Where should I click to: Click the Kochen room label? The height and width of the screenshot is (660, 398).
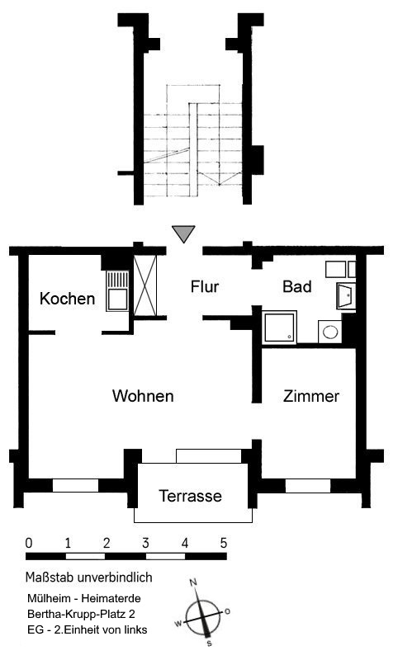pyautogui.click(x=68, y=299)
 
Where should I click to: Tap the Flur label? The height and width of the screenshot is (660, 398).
pyautogui.click(x=205, y=286)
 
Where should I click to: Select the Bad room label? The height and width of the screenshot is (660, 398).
pyautogui.click(x=297, y=286)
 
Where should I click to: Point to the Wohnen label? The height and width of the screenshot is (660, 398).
pyautogui.click(x=143, y=396)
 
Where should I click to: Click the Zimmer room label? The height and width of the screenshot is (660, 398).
pyautogui.click(x=310, y=396)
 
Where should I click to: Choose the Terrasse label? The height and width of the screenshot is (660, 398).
pyautogui.click(x=191, y=496)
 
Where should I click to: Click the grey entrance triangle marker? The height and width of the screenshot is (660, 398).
pyautogui.click(x=183, y=233)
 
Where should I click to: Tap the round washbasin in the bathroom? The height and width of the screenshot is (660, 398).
pyautogui.click(x=329, y=332)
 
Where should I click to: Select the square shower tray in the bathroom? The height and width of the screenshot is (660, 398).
pyautogui.click(x=279, y=327)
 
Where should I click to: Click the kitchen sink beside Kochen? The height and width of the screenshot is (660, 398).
pyautogui.click(x=116, y=290)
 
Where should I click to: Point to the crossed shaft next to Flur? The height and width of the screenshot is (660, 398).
pyautogui.click(x=145, y=285)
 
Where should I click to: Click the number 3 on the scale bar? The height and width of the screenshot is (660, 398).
pyautogui.click(x=145, y=543)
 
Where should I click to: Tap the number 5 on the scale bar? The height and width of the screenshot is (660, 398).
pyautogui.click(x=223, y=543)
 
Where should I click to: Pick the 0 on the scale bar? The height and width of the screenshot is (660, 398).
pyautogui.click(x=29, y=543)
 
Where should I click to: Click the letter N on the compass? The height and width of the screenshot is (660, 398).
pyautogui.click(x=193, y=582)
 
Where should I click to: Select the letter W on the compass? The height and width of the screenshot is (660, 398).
pyautogui.click(x=178, y=624)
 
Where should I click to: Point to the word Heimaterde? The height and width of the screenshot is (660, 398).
pyautogui.click(x=111, y=598)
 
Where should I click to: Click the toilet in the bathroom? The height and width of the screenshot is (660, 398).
pyautogui.click(x=346, y=295)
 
